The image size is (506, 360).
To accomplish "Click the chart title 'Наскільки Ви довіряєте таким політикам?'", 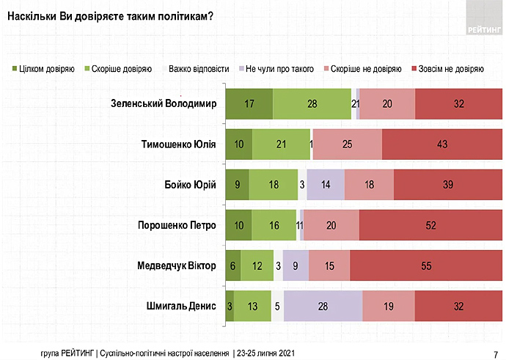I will click(109, 15).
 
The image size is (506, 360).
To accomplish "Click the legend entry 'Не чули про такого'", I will click(274, 69).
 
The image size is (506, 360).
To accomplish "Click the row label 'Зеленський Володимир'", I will click(163, 103).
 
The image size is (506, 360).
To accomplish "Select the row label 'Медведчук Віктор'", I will click(175, 265).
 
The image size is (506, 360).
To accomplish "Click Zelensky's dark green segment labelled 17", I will click(249, 103).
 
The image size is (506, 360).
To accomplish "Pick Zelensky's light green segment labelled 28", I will click(312, 103).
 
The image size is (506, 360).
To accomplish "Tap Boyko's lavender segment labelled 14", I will click(326, 184).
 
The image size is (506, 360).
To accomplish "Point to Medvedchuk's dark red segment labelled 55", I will click(426, 265).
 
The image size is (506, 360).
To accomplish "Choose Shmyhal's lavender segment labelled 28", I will click(323, 305).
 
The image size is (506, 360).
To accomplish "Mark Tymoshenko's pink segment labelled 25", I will click(348, 144).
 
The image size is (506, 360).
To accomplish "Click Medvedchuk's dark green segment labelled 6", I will click(232, 265).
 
